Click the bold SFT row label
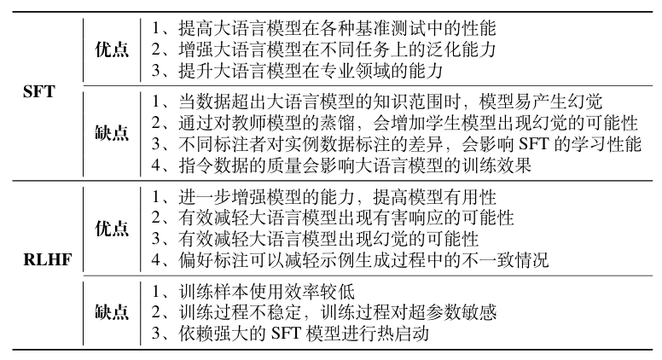pos(39,91)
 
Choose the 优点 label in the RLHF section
pos(111,229)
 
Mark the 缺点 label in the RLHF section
pos(111,312)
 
